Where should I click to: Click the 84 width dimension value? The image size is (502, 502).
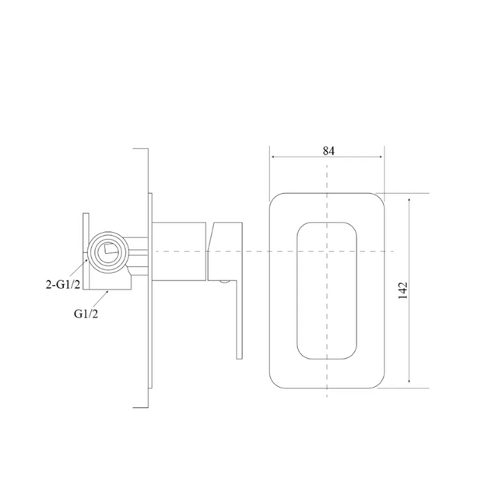coord(328,150)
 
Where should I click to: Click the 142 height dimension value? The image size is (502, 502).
coord(403,290)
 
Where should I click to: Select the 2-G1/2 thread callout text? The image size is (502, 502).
coord(63,283)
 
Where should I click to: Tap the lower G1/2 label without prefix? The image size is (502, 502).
coord(86,314)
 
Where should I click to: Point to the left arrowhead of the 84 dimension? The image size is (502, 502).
coord(273,157)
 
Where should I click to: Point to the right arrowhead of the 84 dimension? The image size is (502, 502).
coord(381,157)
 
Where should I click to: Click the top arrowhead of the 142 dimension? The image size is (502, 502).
coord(409,201)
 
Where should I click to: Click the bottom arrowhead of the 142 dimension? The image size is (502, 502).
coord(409,380)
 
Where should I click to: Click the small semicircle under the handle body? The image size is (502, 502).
coord(225,282)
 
